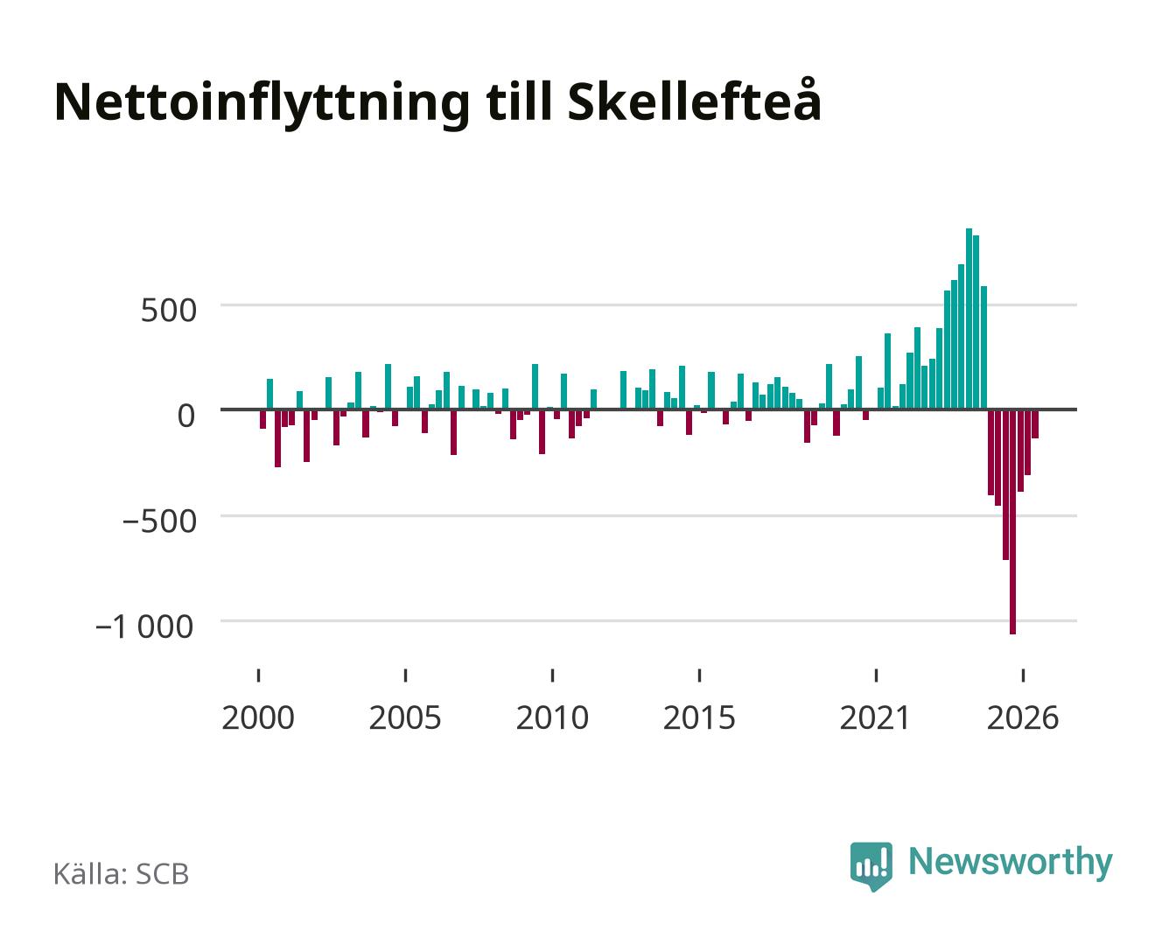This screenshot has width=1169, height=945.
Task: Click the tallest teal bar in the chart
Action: [969, 318]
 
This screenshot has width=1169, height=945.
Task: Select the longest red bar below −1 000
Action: [1012, 521]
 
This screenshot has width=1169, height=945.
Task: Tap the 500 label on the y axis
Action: [169, 311]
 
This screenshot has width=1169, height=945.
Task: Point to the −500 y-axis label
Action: [159, 521]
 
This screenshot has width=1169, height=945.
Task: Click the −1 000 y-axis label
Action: [145, 626]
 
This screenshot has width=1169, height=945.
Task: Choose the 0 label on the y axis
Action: [186, 416]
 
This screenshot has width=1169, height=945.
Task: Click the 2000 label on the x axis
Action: [258, 717]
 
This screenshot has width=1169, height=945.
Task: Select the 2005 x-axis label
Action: [405, 717]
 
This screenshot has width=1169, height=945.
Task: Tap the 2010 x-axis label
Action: [552, 717]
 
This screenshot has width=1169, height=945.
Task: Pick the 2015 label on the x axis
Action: [699, 717]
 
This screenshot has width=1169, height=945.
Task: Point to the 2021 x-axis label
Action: [875, 717]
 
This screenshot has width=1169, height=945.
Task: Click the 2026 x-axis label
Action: [1023, 717]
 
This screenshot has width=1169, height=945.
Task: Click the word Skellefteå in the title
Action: [694, 101]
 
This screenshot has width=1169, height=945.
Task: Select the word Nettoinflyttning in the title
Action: [262, 105]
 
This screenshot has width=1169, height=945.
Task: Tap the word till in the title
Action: [519, 102]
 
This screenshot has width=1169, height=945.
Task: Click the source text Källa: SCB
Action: [122, 873]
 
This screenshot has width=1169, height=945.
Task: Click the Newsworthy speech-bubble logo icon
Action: [871, 866]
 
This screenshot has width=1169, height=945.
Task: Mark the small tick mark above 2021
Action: [876, 675]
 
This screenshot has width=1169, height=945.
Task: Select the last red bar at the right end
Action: [1035, 423]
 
